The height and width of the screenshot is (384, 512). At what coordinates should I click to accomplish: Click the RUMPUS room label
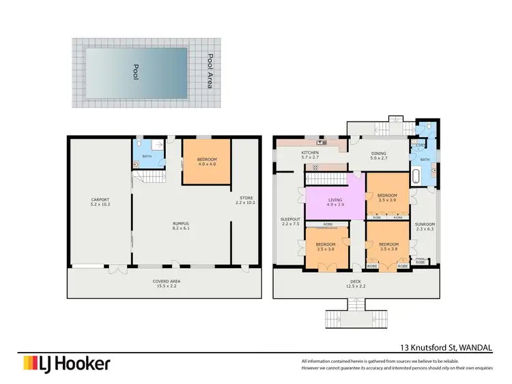pyautogui.click(x=180, y=226)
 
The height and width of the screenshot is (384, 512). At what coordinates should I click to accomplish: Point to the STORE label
pyautogui.click(x=245, y=201)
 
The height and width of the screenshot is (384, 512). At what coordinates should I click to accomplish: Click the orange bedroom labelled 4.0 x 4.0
pyautogui.click(x=205, y=162)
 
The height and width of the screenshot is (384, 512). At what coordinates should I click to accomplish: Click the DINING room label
pyautogui.click(x=378, y=155)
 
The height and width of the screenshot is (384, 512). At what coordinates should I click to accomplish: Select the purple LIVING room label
pyautogui.click(x=334, y=202)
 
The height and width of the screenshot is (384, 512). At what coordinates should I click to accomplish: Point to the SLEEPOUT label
pyautogui.click(x=289, y=222)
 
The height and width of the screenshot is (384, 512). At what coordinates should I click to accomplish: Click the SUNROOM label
pyautogui.click(x=425, y=226)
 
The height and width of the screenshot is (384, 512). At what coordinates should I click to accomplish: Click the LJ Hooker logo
pyautogui.click(x=66, y=364)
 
